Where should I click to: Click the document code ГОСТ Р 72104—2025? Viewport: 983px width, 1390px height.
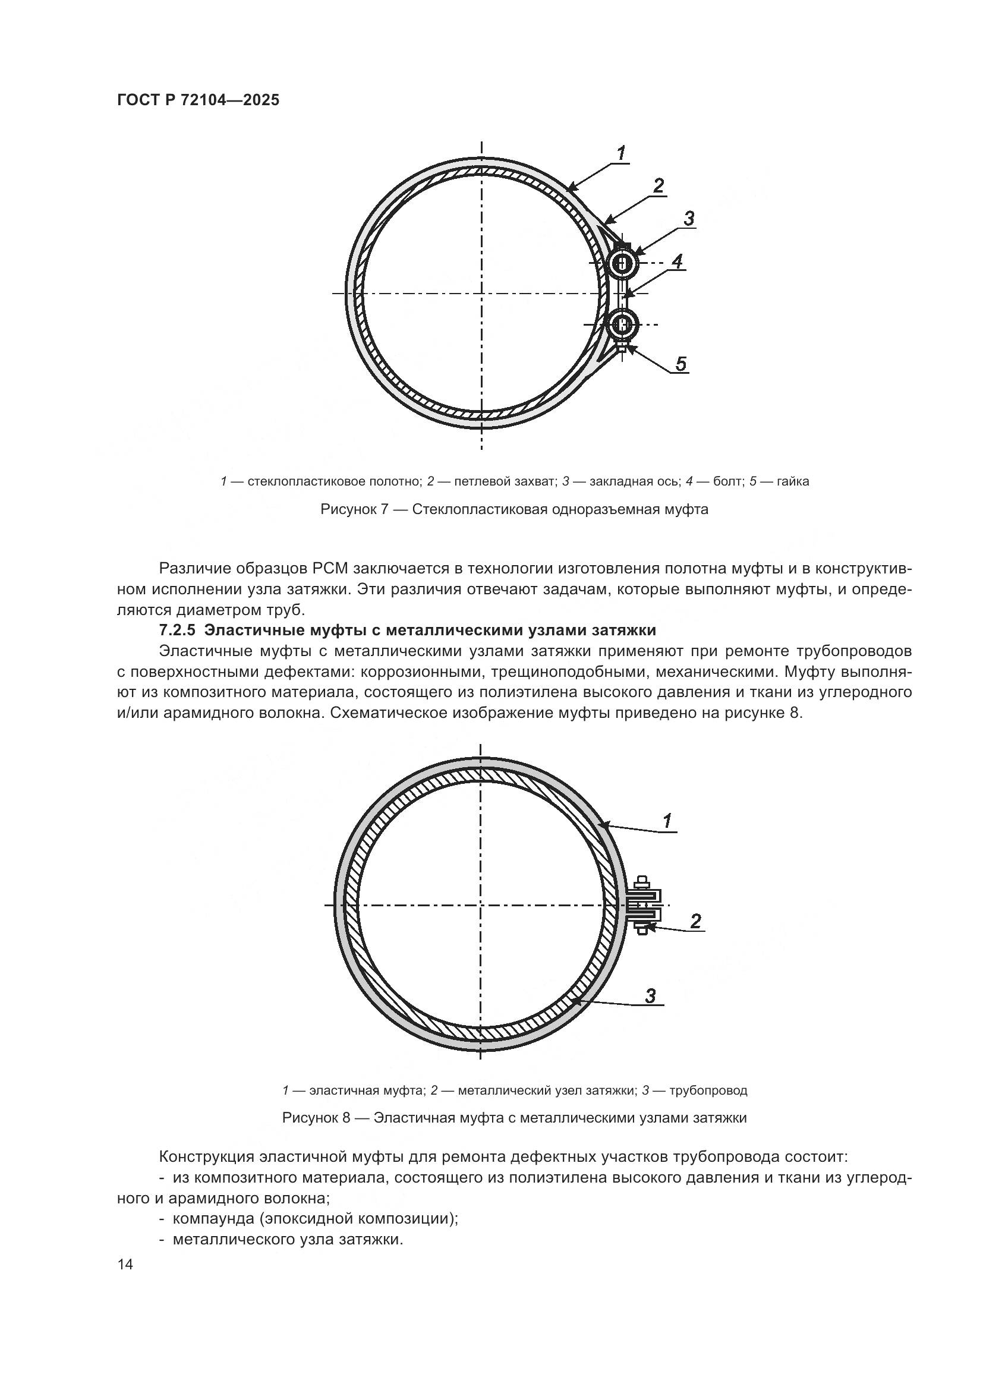coord(198,100)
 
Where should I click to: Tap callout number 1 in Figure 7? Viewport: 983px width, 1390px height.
coord(622,154)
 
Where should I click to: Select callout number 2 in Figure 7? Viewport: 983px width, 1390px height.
coord(659,186)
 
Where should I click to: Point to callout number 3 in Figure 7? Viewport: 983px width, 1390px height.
coord(689,219)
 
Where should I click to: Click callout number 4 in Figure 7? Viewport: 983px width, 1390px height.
coord(678,261)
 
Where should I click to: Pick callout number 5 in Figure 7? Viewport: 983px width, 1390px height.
coord(681,364)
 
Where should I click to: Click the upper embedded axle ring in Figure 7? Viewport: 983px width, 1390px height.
coord(622,263)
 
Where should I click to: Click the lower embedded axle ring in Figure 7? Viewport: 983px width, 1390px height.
coord(622,324)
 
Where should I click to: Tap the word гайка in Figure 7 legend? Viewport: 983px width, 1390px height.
coord(793,482)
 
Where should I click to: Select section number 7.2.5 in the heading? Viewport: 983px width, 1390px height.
coord(177,630)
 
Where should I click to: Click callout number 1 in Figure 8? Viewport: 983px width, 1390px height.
coord(667,821)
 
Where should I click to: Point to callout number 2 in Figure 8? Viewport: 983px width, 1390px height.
coord(695,921)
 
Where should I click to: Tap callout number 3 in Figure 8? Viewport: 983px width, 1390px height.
coord(651,995)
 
